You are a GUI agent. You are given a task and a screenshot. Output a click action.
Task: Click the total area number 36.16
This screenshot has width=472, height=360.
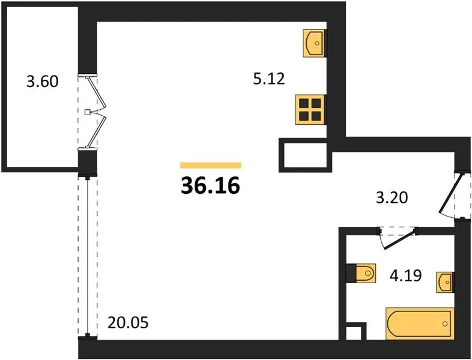coord(210,185)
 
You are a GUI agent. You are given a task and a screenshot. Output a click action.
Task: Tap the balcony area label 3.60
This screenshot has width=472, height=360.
coord(43,81)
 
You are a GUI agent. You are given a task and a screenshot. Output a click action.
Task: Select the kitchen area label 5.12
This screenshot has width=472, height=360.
coord(269,79)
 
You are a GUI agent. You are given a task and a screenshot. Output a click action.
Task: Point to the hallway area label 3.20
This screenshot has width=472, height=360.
coord(392,198)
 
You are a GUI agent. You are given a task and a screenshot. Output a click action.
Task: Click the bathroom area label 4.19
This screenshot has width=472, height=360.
coord(406,275)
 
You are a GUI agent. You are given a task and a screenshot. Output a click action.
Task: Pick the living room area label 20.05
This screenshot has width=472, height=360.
coord(128,323)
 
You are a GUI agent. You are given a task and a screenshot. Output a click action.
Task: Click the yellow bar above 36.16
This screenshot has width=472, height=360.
coord(211,165)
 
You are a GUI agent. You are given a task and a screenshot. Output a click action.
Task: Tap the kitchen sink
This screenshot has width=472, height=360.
coord(314,43)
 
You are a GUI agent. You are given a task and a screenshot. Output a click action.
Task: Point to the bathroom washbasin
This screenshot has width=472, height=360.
coord(445,282)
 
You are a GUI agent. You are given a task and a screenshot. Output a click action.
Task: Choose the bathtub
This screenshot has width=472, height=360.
coord(419,323)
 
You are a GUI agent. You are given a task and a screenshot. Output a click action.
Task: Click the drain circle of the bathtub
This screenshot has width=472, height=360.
coord(445,323)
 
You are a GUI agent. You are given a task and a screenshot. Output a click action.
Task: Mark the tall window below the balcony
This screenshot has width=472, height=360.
coord(88,257)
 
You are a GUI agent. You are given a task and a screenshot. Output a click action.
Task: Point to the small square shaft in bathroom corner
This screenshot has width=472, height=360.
coord(353,332)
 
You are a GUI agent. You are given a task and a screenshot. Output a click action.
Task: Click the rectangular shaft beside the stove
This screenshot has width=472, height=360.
coord(305,155)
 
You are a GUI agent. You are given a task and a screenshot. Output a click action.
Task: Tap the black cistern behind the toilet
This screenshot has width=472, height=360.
coord(351,274)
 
